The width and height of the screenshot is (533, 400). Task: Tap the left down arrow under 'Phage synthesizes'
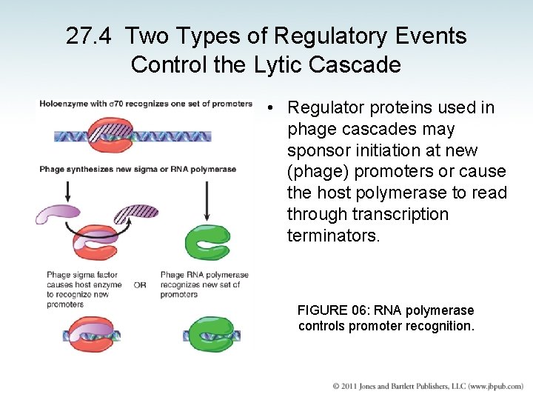pyautogui.click(x=68, y=190)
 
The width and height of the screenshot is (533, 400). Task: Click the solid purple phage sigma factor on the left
pyautogui.click(x=59, y=215)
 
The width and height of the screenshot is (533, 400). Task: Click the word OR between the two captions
pyautogui.click(x=140, y=284)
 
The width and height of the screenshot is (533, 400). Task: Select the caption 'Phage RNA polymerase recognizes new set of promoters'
pyautogui.click(x=204, y=284)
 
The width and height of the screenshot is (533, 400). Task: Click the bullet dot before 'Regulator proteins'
pyautogui.click(x=272, y=108)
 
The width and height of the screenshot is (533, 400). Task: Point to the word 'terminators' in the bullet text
pyautogui.click(x=333, y=236)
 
